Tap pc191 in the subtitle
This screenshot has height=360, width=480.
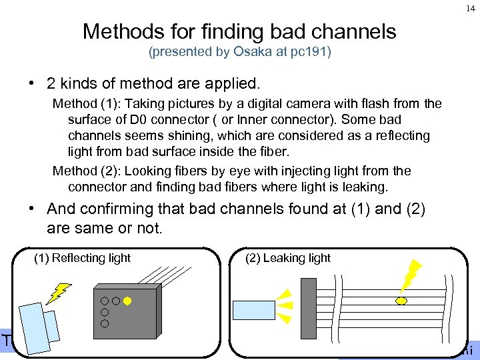pyautogui.click(x=309, y=52)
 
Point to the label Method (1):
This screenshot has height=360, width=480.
pyautogui.click(x=86, y=104)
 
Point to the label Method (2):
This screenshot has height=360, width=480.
pyautogui.click(x=86, y=171)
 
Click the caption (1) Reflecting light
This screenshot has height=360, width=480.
pyautogui.click(x=82, y=258)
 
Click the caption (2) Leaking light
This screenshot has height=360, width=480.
pyautogui.click(x=288, y=258)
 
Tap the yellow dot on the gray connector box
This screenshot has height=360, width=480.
pyautogui.click(x=127, y=300)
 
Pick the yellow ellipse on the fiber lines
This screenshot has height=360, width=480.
pyautogui.click(x=402, y=301)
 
